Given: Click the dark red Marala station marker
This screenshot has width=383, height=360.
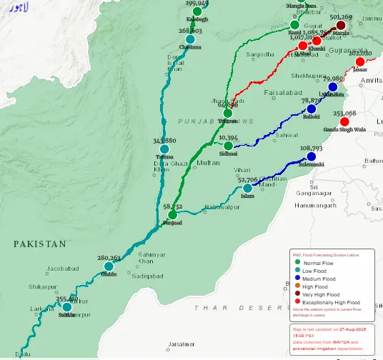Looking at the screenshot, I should click(x=341, y=26).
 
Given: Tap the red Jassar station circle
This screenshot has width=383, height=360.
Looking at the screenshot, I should click(x=359, y=62).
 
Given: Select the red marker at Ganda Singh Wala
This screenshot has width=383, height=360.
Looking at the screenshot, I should click(x=344, y=122).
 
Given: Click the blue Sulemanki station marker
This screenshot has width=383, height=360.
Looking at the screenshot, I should click(x=311, y=156).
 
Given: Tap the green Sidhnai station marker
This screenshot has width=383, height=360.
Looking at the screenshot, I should click(x=228, y=145).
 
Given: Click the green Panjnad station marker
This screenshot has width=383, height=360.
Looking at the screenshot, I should click(x=172, y=214).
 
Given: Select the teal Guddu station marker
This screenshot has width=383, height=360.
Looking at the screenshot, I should click(x=109, y=266).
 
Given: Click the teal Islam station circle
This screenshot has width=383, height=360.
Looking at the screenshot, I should click(x=247, y=188).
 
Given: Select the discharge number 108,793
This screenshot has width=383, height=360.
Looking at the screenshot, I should click(x=311, y=149).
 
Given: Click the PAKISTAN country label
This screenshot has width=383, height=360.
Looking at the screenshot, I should click(x=39, y=244).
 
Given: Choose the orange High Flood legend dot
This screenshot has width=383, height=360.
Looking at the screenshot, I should click(x=297, y=286).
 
